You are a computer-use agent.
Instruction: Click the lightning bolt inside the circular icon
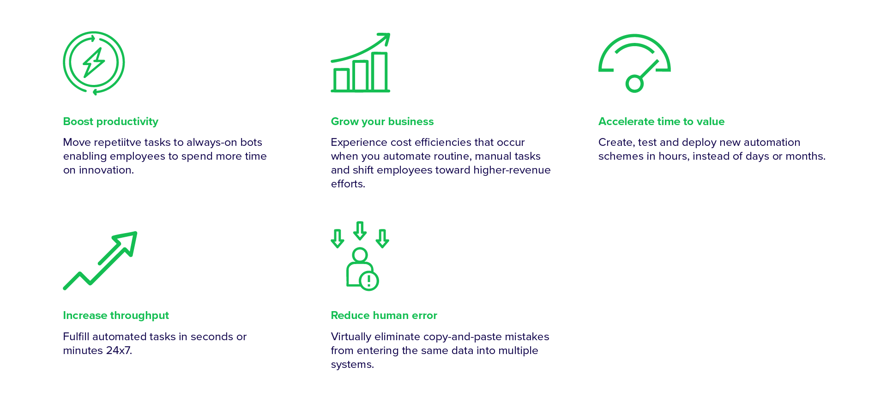[x=94, y=62]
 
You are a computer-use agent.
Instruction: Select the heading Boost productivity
[x=111, y=121]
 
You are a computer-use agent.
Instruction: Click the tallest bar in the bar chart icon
[x=380, y=72]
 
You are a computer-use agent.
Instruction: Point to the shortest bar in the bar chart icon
[x=341, y=80]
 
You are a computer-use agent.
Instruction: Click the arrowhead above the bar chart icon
[x=384, y=38]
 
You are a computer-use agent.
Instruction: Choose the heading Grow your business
[x=382, y=121]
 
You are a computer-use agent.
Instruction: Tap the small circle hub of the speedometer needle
[x=634, y=84]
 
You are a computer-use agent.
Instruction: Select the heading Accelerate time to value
[x=661, y=121]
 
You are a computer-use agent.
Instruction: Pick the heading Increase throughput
[x=116, y=315]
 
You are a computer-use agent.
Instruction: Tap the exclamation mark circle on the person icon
[x=369, y=280]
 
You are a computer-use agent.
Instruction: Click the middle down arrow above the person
[x=360, y=231]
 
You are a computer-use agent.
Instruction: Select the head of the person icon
[x=360, y=255]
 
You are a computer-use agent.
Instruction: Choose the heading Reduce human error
[x=384, y=315]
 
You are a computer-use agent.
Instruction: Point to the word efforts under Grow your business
[x=347, y=184]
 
